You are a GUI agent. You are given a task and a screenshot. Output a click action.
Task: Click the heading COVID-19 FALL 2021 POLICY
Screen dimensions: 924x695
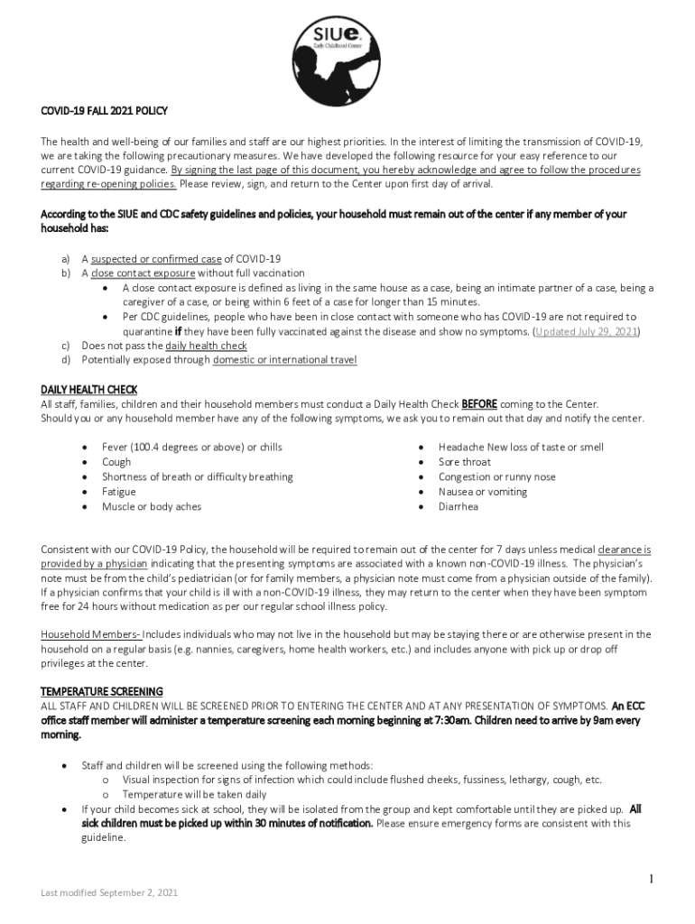105,111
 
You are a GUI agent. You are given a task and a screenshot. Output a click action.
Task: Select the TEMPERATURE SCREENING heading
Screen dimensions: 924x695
102,691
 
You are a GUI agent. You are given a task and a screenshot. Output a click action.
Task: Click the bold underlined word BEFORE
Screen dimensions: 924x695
479,404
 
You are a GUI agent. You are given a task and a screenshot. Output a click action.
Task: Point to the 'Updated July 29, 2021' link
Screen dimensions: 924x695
587,331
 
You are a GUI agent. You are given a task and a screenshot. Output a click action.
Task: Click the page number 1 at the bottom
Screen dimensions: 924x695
651,878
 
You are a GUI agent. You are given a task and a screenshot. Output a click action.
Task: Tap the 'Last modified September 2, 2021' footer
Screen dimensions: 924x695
109,892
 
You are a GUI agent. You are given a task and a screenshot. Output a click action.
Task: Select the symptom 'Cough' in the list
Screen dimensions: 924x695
116,462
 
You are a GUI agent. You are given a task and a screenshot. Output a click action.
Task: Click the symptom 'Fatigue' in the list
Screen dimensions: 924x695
119,492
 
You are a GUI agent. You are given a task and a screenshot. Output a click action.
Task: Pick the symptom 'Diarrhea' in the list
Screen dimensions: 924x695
459,506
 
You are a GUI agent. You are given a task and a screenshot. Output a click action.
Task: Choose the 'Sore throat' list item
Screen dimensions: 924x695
465,462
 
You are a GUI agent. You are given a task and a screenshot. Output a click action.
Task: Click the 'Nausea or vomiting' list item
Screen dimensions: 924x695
483,492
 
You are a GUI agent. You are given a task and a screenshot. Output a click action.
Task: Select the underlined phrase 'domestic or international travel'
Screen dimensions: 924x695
284,360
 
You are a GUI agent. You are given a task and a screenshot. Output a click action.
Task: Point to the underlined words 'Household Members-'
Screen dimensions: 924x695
90,634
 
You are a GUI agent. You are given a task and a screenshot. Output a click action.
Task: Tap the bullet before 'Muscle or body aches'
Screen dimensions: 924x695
85,506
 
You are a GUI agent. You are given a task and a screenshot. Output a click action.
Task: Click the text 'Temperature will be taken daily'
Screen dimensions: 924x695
194,794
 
